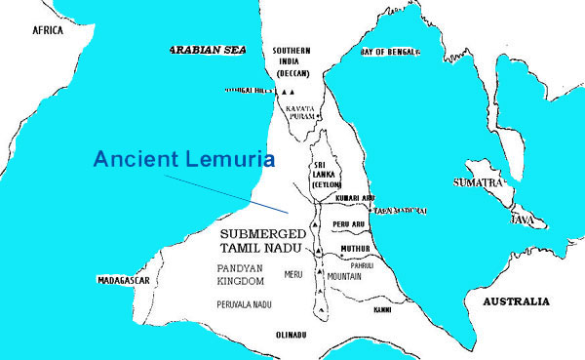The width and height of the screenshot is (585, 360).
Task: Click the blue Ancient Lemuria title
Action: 184,159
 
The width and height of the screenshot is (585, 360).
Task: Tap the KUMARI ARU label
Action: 355,198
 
